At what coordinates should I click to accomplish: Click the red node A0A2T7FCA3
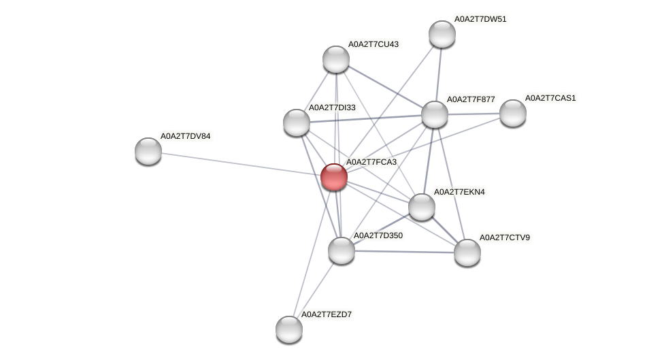(334, 177)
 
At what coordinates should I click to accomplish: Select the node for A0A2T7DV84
(148, 151)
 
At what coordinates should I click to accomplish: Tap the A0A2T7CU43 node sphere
(336, 59)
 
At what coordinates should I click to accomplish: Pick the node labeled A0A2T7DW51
(442, 34)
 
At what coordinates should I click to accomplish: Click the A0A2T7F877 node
(435, 114)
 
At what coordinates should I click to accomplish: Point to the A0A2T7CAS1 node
(513, 113)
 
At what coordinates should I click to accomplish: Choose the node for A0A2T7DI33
(297, 122)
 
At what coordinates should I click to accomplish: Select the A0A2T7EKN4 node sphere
(422, 207)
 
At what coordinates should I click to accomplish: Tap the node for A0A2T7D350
(342, 250)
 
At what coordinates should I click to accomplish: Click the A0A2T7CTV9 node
(467, 252)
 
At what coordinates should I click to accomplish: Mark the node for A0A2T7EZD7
(289, 329)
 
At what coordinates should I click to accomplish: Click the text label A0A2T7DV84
(186, 136)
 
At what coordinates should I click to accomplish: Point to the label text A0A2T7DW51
(480, 19)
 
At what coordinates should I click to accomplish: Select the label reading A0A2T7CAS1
(550, 98)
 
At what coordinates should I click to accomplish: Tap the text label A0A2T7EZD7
(327, 314)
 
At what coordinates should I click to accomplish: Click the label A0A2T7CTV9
(505, 238)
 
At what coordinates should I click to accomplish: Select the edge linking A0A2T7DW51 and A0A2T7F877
(439, 73)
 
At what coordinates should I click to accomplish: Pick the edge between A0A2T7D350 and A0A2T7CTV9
(404, 252)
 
